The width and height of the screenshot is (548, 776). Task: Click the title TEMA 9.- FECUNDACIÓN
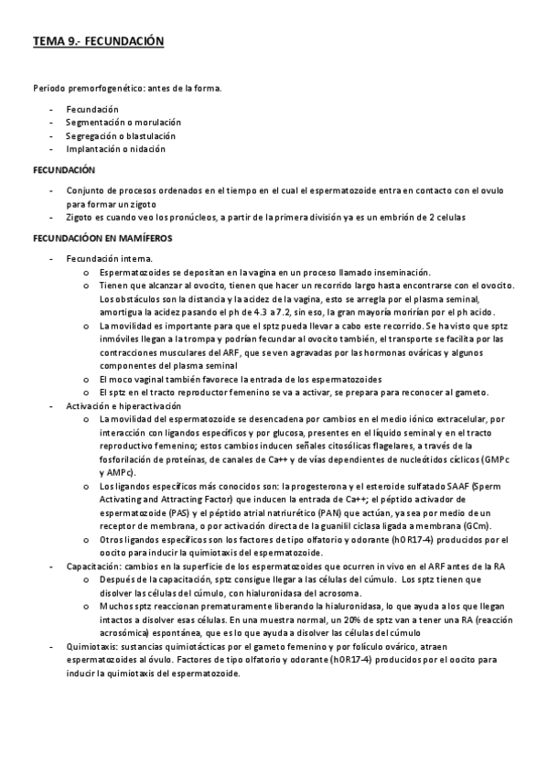point(97,41)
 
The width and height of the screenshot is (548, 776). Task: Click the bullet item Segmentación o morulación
point(123,122)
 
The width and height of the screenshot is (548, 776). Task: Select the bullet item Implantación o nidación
point(115,148)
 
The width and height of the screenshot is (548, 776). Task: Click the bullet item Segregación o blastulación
point(120,135)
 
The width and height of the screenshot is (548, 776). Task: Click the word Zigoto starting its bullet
point(81,217)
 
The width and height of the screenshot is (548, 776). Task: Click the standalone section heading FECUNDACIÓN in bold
point(65,170)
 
